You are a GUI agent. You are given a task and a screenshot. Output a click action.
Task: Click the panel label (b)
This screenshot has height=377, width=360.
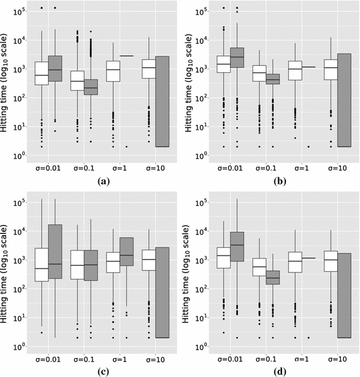[278, 181]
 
